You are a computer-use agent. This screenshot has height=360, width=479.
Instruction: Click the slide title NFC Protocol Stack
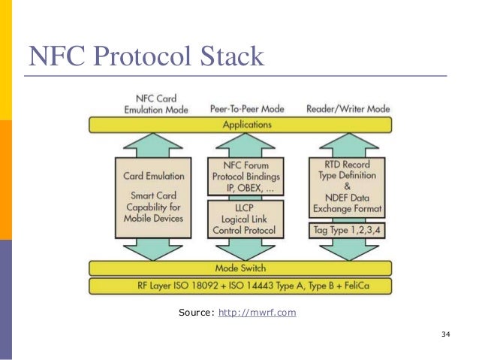(146, 56)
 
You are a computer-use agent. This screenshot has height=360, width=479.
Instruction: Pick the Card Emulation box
(151, 197)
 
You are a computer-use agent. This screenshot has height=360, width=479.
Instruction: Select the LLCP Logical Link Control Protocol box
(246, 219)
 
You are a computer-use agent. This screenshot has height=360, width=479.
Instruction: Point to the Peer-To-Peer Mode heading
(246, 109)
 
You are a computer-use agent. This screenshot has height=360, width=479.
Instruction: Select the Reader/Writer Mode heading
(348, 109)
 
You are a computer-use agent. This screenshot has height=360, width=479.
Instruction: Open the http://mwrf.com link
(256, 312)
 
